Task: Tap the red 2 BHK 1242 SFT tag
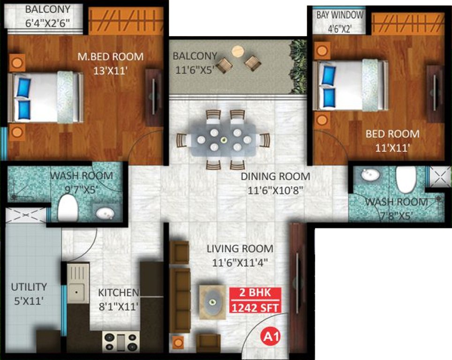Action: pyautogui.click(x=256, y=300)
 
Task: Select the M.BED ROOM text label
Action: pyautogui.click(x=110, y=57)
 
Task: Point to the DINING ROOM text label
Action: pyautogui.click(x=275, y=177)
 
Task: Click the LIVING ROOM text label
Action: pyautogui.click(x=240, y=248)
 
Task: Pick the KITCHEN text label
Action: pyautogui.click(x=118, y=292)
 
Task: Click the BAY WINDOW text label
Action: pyautogui.click(x=340, y=15)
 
